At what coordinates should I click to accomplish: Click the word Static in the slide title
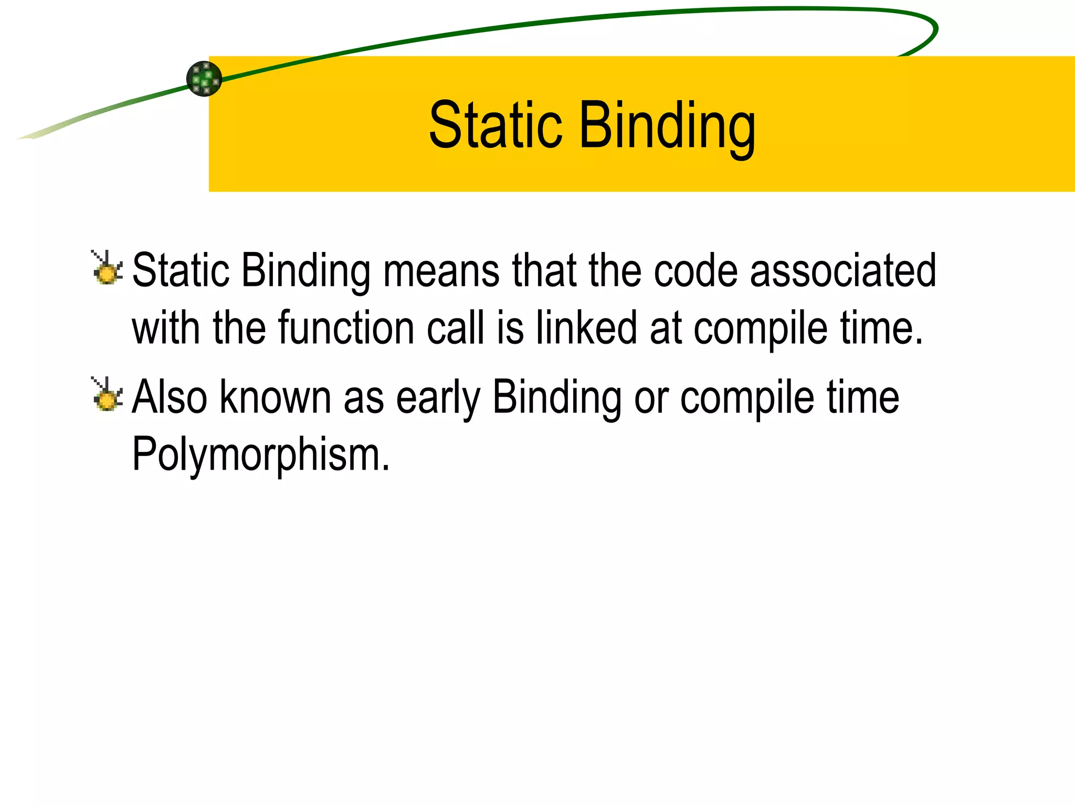click(x=496, y=126)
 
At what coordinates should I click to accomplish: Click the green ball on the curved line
click(x=204, y=79)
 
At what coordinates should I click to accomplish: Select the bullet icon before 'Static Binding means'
click(x=107, y=269)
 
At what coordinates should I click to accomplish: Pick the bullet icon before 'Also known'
click(x=107, y=395)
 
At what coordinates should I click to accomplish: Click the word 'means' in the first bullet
click(x=441, y=271)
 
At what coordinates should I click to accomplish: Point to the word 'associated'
click(x=843, y=271)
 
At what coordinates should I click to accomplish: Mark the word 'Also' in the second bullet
click(x=170, y=397)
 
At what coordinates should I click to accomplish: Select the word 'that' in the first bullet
click(x=543, y=271)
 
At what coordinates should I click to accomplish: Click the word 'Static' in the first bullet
click(x=181, y=271)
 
